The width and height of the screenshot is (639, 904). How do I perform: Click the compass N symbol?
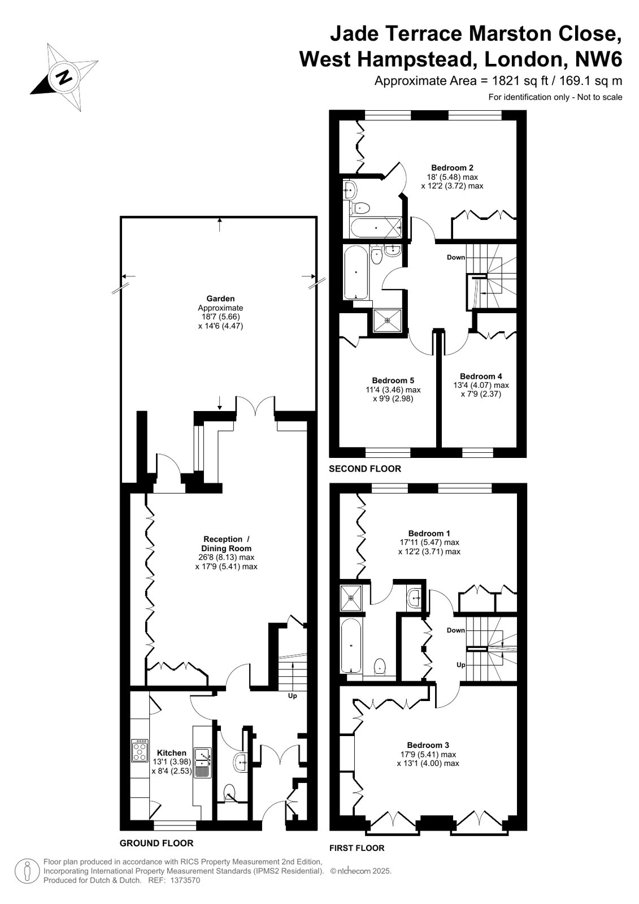[63, 77]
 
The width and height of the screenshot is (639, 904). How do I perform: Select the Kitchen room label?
[171, 752]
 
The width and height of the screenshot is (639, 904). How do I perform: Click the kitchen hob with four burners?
[140, 750]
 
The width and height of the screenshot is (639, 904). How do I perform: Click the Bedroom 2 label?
[452, 168]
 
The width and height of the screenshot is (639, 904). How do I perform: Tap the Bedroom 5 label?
[393, 380]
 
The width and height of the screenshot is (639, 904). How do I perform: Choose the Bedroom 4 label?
[481, 377]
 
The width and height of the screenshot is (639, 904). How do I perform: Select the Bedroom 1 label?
[429, 534]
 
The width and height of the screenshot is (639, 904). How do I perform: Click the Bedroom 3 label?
[428, 745]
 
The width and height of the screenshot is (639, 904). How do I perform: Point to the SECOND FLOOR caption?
[365, 469]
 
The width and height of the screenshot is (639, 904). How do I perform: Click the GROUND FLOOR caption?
[157, 842]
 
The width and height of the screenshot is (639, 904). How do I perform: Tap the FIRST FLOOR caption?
[357, 848]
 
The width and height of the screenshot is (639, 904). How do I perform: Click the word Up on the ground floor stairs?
[293, 696]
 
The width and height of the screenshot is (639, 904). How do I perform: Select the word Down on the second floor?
[456, 257]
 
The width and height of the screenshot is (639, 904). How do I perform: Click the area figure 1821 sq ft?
[520, 81]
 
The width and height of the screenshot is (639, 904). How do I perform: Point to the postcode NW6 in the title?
[599, 59]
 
